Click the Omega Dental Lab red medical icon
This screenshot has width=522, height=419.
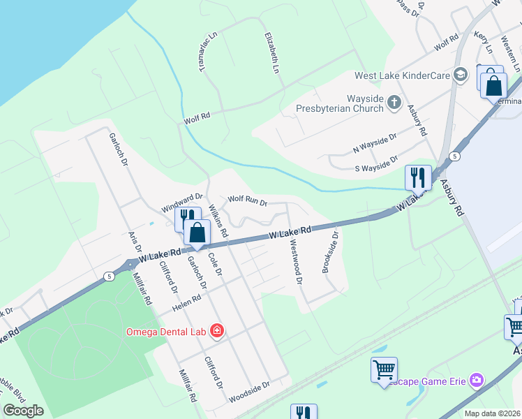[217, 331]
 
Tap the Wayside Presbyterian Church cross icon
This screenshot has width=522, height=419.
[394, 103]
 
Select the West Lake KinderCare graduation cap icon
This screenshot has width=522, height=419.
[460, 75]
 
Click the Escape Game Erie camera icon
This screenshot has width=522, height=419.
[477, 380]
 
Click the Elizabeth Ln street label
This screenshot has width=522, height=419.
[271, 53]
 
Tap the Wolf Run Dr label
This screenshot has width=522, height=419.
[248, 202]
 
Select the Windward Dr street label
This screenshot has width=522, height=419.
[181, 203]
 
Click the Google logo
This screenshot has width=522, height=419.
[23, 411]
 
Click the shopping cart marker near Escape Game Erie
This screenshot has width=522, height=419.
[384, 369]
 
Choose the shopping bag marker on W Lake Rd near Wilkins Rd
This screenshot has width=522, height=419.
[197, 233]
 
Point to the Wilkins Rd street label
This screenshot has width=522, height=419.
[218, 222]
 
